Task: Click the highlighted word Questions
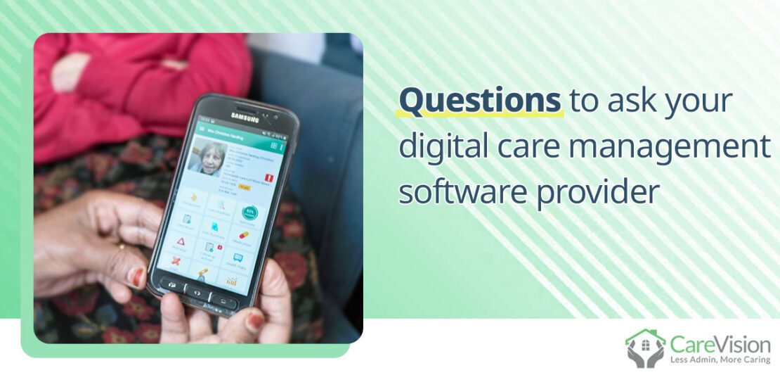pos(480,101)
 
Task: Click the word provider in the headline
pos(597,193)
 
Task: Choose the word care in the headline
pos(529,147)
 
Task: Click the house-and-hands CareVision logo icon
pos(644,348)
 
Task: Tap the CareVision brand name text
pos(720,344)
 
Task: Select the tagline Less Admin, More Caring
pos(720,360)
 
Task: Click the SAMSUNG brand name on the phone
pos(245,117)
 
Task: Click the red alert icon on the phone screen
pos(266,176)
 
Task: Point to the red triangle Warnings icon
pos(181,242)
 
